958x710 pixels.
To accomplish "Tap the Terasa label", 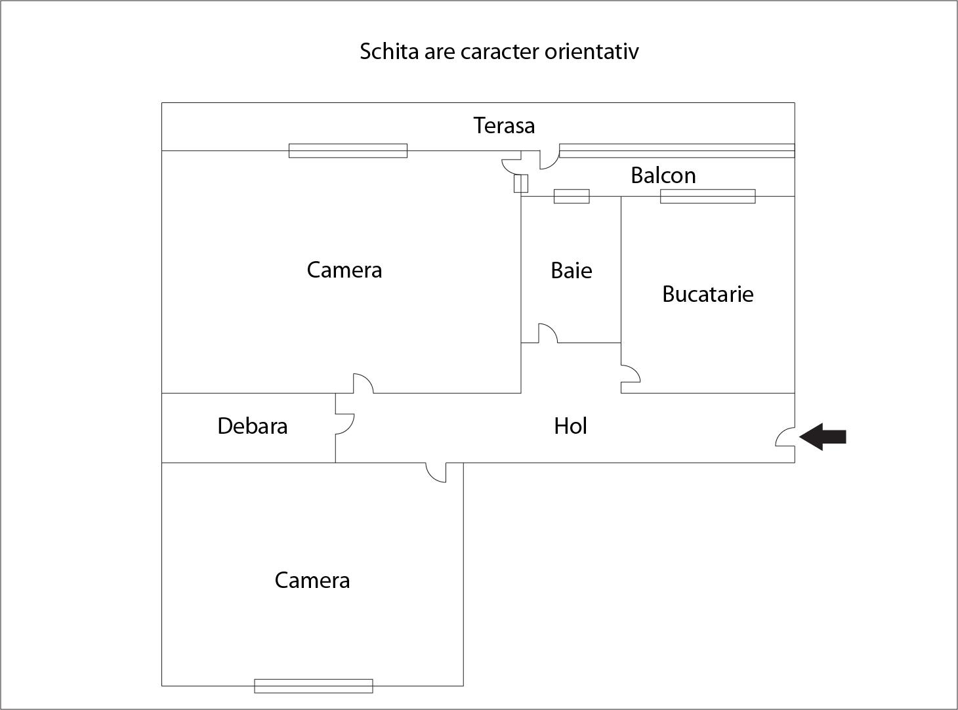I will tap(504, 125).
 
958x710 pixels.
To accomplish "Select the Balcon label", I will tap(663, 175).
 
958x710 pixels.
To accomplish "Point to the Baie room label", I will tap(571, 270).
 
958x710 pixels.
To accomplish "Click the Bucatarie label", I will tap(707, 294).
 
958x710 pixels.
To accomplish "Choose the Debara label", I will tap(252, 426).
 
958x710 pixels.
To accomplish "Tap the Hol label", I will tap(570, 426).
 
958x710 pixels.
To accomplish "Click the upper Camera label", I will tap(344, 270).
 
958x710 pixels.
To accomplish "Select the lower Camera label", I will tap(312, 580).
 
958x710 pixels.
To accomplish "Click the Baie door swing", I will tap(548, 333).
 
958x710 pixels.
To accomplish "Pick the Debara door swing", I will tap(344, 424).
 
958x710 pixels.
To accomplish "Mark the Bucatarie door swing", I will tap(630, 374).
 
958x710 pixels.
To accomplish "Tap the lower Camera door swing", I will tap(436, 472).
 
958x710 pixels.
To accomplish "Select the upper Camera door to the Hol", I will tap(363, 384).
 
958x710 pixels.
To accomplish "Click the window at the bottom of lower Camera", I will tap(314, 686).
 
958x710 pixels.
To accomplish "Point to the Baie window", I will tap(572, 196).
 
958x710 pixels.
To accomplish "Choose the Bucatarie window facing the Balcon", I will tap(707, 196).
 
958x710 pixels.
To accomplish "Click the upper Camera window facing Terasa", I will tap(348, 151).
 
